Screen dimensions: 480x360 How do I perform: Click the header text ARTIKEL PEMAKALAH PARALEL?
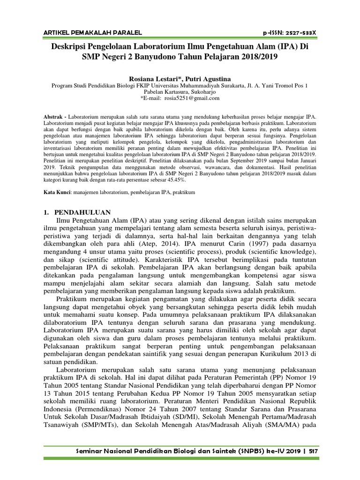pos(92,32)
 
